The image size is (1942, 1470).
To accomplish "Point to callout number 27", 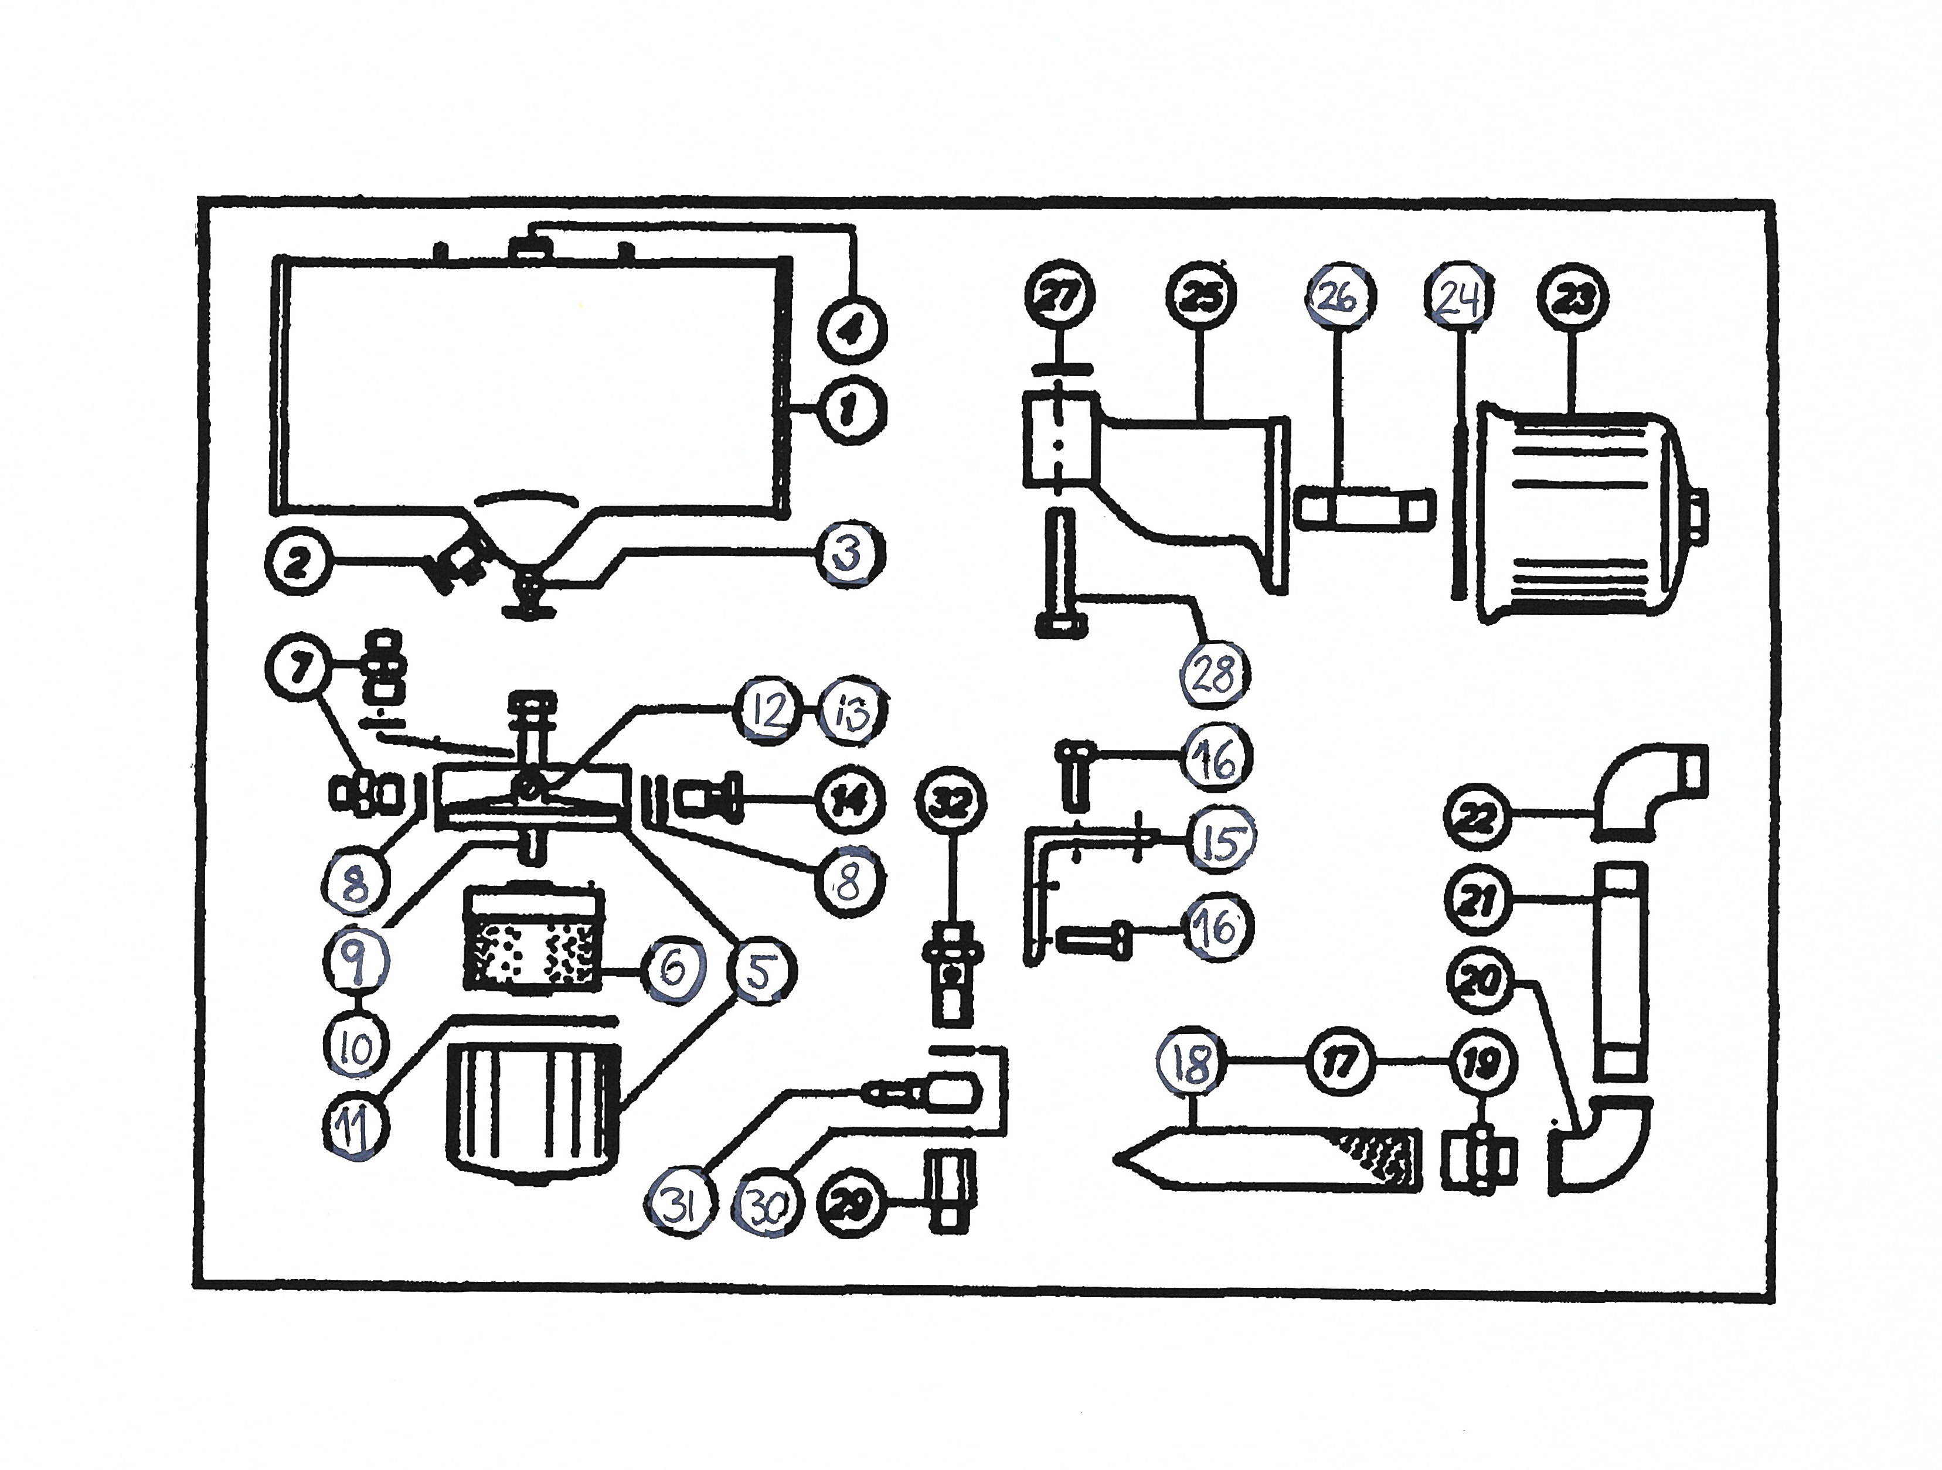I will (x=1060, y=296).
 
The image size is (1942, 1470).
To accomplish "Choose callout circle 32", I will (x=951, y=802).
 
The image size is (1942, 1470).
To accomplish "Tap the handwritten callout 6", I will (x=672, y=970).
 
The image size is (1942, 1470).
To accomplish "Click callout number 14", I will (x=849, y=800).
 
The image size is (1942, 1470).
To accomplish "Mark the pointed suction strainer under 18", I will (x=1268, y=1158).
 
